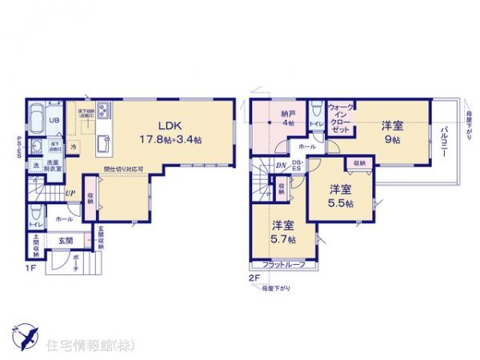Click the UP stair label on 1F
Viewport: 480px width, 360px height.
(x=70, y=194)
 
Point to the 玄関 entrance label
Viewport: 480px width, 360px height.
(x=65, y=239)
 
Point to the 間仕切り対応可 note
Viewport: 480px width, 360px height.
(x=123, y=170)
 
